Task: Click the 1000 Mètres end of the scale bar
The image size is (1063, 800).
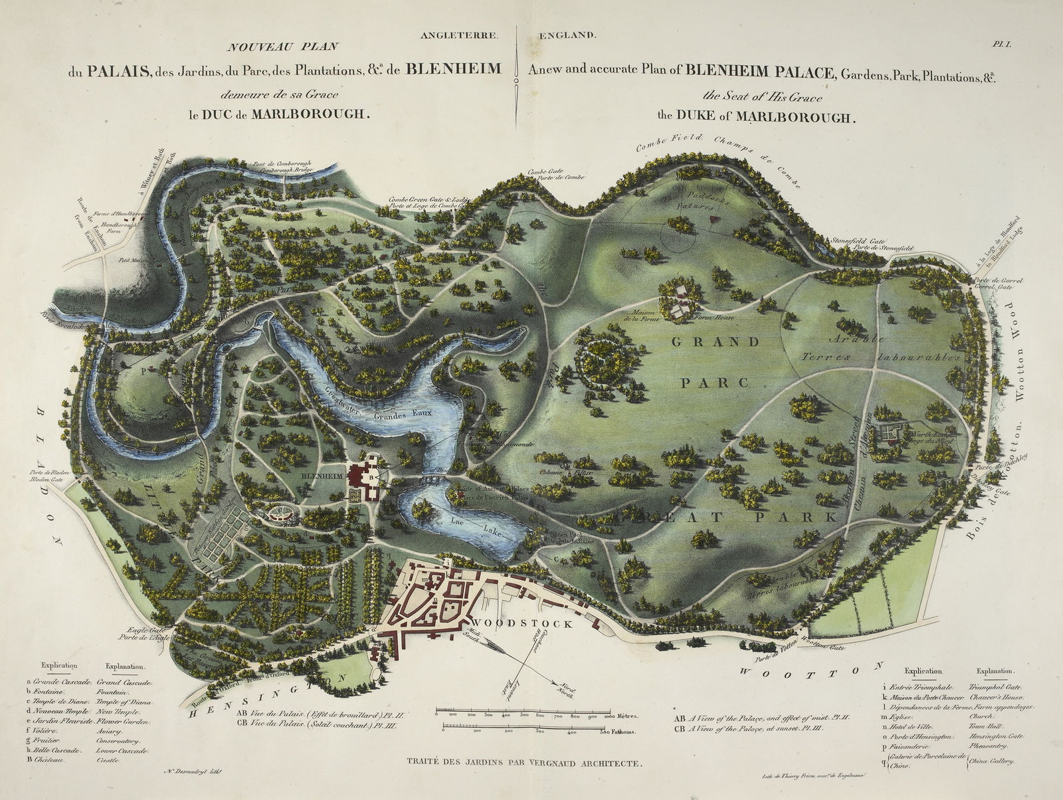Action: click(623, 717)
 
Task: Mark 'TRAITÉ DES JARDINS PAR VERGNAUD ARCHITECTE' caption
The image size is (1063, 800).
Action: click(529, 764)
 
